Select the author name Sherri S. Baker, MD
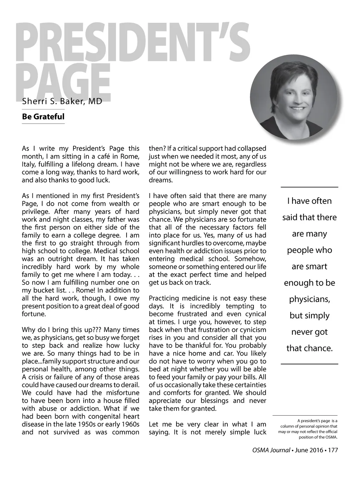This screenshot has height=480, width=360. pos(62,102)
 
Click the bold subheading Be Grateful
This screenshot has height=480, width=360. pos(43,116)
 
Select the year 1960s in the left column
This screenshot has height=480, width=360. pos(128,424)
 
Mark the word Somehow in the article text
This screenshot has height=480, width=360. pos(254,259)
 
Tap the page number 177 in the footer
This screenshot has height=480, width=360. pos(333,450)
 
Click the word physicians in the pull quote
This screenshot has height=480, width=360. pos(309,299)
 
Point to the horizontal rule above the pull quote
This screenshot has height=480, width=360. pos(309,187)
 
